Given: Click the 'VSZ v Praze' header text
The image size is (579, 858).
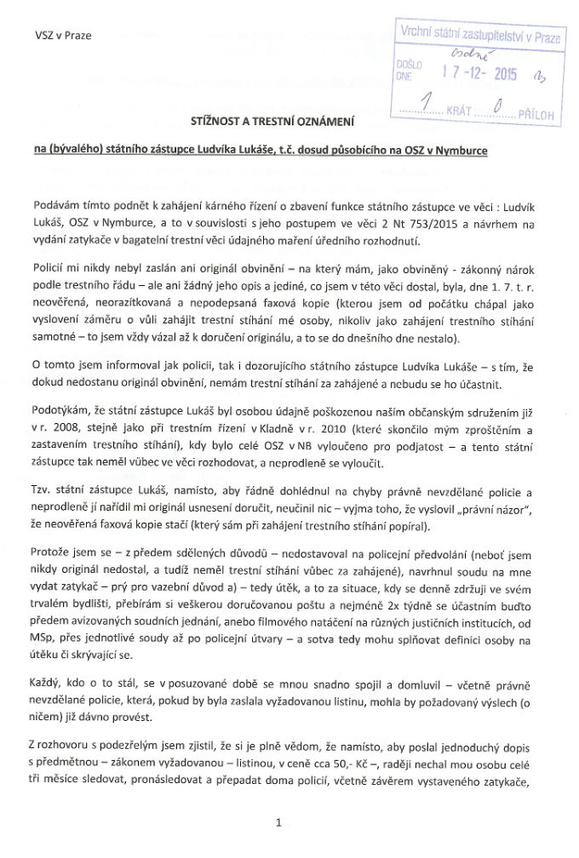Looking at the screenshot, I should [x=62, y=36].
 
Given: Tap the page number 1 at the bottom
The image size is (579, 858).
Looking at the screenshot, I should [x=278, y=823].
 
